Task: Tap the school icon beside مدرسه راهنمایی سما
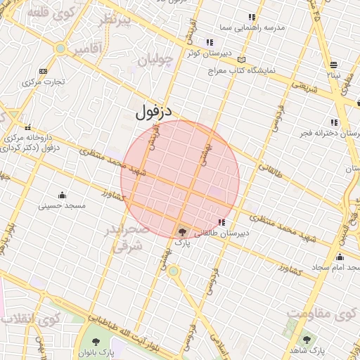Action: pyautogui.click(x=252, y=17)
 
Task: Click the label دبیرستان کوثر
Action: pyautogui.click(x=203, y=52)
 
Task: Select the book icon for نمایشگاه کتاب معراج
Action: pyautogui.click(x=243, y=60)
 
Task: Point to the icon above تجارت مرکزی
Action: pyautogui.click(x=44, y=71)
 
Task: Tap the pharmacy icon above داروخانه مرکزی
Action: pyautogui.click(x=27, y=128)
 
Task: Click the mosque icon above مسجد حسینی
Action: pyautogui.click(x=62, y=195)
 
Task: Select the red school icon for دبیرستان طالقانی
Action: pyautogui.click(x=222, y=222)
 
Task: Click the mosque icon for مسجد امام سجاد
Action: pyautogui.click(x=340, y=257)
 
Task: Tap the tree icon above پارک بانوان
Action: pyautogui.click(x=96, y=342)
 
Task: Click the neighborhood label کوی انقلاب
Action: pyautogui.click(x=28, y=321)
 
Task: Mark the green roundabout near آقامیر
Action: pyautogui.click(x=61, y=49)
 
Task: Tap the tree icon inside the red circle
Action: pyautogui.click(x=182, y=231)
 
